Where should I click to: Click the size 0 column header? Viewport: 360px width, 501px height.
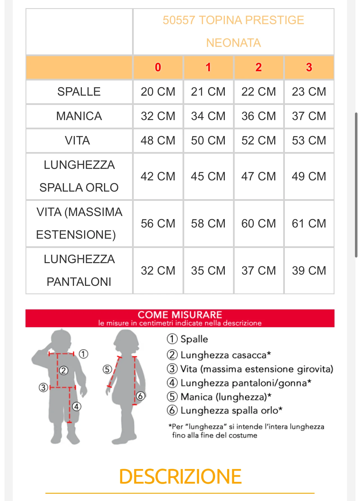click(x=158, y=67)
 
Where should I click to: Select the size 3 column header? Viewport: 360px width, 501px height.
click(x=309, y=67)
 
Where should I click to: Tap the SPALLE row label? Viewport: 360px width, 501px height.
click(x=79, y=92)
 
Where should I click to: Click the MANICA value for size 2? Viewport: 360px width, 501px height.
click(x=259, y=116)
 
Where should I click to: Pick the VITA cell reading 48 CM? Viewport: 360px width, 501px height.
click(x=158, y=141)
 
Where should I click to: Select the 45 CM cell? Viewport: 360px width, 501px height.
click(x=208, y=176)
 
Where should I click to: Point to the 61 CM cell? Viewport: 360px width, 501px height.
click(x=309, y=224)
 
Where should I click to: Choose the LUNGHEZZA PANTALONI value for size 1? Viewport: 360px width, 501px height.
click(x=208, y=271)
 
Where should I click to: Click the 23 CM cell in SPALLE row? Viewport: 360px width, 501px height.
click(x=309, y=92)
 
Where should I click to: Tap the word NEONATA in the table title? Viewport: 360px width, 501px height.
click(x=233, y=43)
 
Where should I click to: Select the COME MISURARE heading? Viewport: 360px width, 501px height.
click(x=180, y=315)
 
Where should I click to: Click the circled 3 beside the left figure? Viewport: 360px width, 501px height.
click(x=43, y=388)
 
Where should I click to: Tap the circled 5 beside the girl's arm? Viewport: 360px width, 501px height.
click(x=107, y=369)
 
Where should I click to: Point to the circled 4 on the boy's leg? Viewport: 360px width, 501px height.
click(x=77, y=406)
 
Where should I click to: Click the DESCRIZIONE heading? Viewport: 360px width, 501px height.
click(x=180, y=477)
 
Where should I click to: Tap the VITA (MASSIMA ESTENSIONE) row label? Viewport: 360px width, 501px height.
click(x=79, y=224)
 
